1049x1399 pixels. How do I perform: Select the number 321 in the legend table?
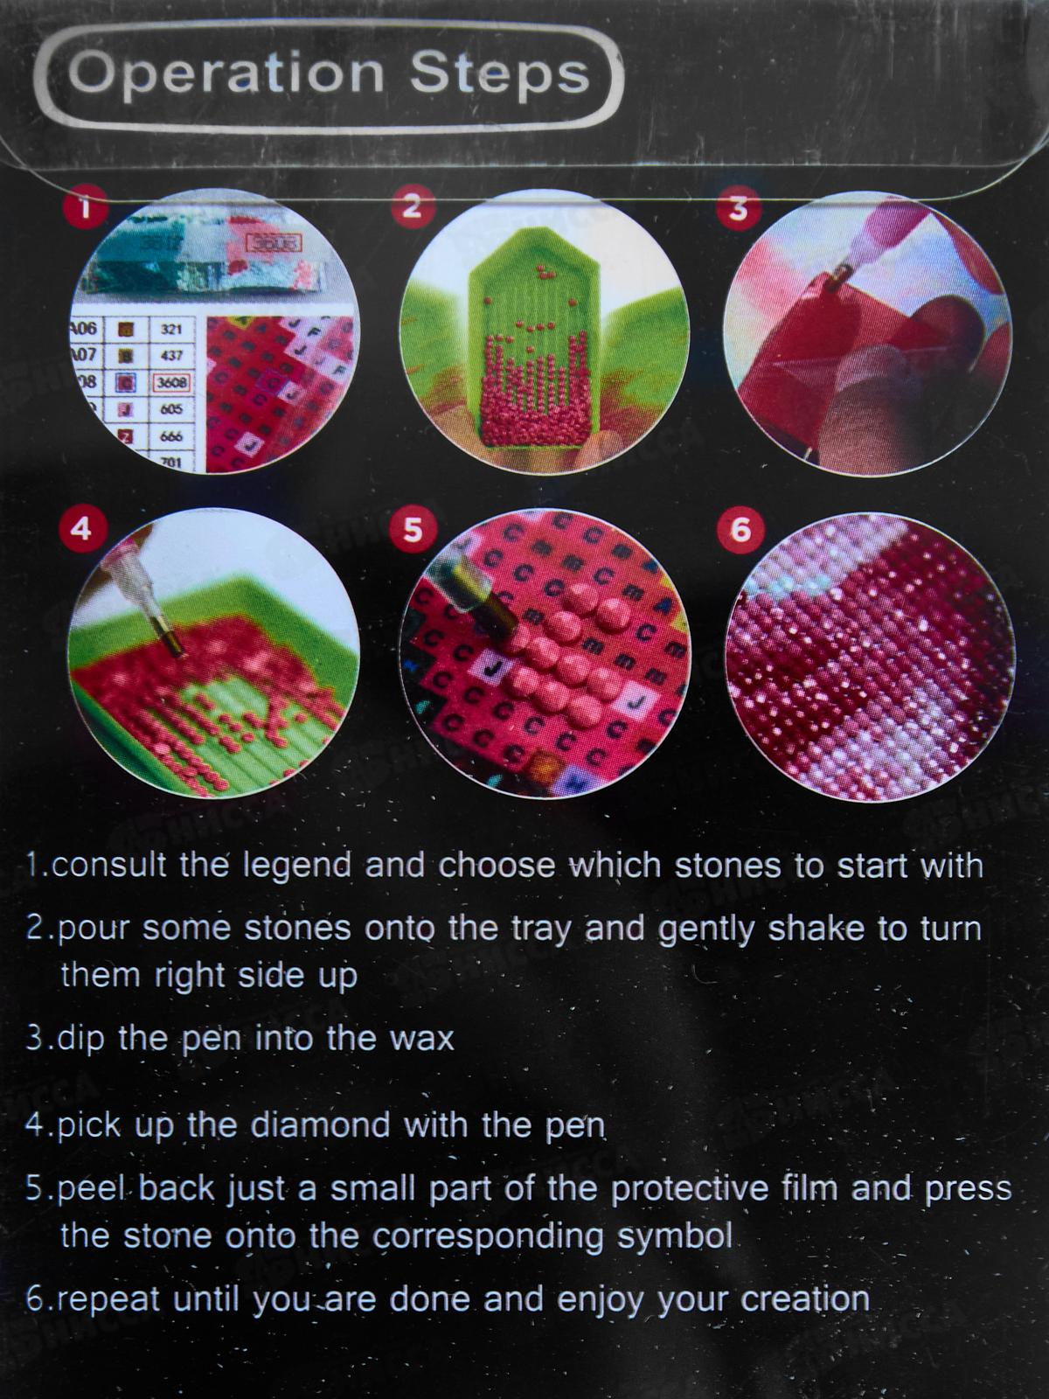click(170, 330)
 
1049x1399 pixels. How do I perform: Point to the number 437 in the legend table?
click(170, 356)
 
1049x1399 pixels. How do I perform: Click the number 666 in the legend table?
click(170, 436)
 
